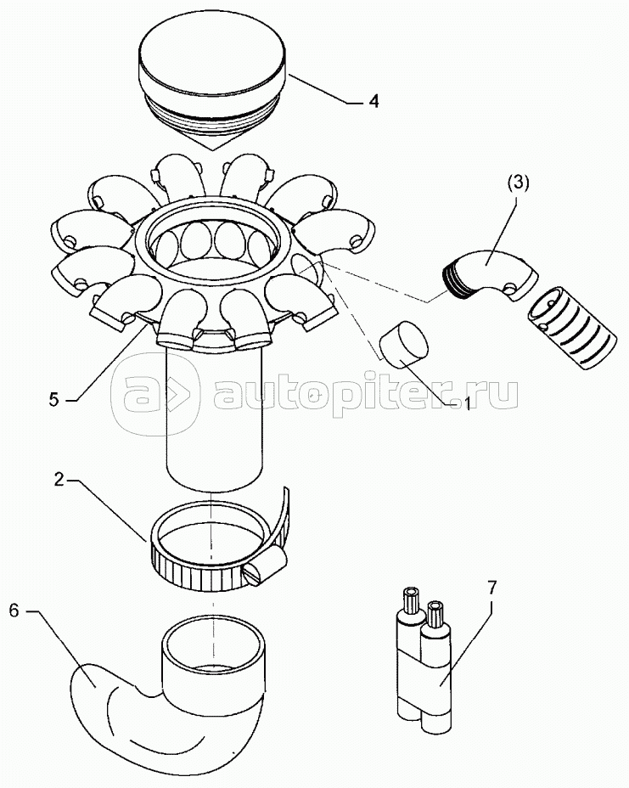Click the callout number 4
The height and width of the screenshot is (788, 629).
tap(373, 101)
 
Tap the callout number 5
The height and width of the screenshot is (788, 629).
tap(53, 400)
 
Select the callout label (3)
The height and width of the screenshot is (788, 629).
tap(518, 183)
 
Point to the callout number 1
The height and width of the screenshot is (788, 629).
tap(466, 403)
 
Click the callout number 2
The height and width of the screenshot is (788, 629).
tap(59, 480)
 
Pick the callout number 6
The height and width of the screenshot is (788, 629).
tap(14, 611)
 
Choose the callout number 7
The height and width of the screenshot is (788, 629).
tap(491, 587)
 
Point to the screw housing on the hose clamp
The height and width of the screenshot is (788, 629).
tap(265, 566)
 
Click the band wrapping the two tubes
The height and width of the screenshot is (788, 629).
tap(423, 677)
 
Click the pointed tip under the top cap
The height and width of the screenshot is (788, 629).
tap(213, 150)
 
